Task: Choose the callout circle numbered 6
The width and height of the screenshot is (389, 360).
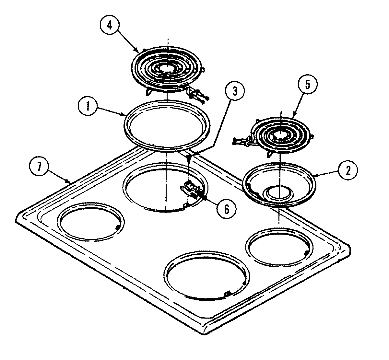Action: coord(226,209)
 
